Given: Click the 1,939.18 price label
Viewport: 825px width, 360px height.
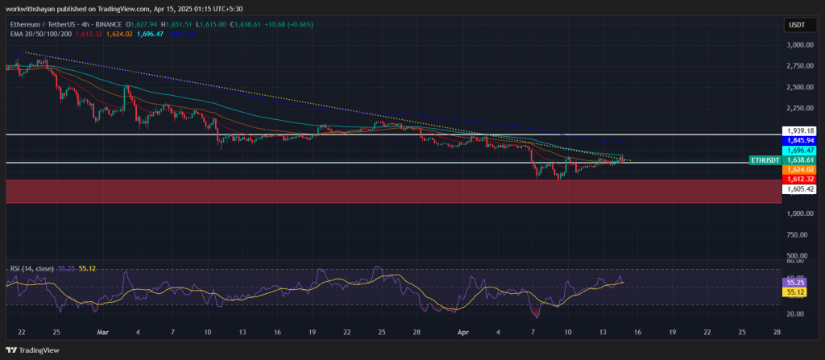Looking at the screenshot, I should click(x=799, y=130).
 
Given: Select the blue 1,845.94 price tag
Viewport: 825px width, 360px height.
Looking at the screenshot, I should click(x=799, y=140).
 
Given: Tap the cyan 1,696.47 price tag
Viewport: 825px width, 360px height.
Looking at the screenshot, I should click(x=799, y=150).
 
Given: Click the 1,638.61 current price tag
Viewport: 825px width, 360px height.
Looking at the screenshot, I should click(x=799, y=160).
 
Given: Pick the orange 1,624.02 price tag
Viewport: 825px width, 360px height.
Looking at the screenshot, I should click(x=799, y=170).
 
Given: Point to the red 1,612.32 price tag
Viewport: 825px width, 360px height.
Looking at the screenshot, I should click(x=799, y=179).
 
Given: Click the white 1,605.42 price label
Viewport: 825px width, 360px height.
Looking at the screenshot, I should click(x=799, y=188).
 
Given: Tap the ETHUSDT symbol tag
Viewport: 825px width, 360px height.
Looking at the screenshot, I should click(x=765, y=160).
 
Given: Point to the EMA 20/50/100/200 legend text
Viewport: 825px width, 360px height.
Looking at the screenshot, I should click(x=40, y=34).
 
